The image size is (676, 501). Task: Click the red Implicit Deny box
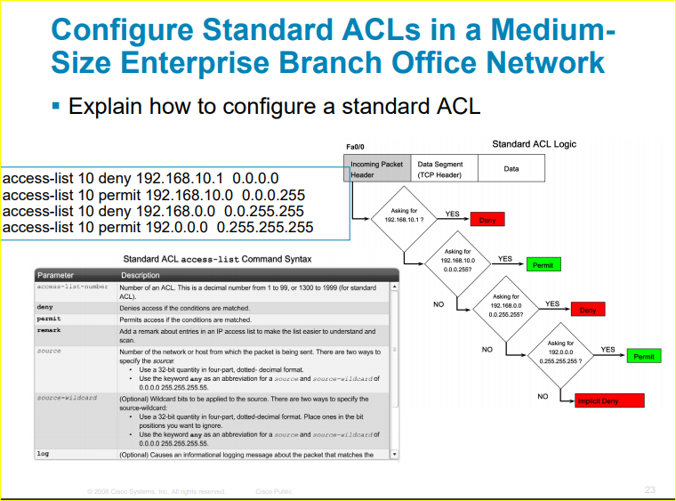608,401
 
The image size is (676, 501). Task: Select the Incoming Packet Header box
377,169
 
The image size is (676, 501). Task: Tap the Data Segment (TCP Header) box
440,169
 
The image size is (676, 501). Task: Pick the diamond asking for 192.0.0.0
560,352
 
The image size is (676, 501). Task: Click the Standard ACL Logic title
534,143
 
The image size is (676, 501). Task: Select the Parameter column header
55,276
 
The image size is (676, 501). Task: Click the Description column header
141,276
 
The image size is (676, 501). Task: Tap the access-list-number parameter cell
73,287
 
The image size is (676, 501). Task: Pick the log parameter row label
43,454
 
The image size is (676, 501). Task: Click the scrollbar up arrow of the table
395,287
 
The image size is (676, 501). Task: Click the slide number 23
649,489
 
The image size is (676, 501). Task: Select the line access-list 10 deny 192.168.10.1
141,178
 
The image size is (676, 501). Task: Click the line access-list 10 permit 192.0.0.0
158,228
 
